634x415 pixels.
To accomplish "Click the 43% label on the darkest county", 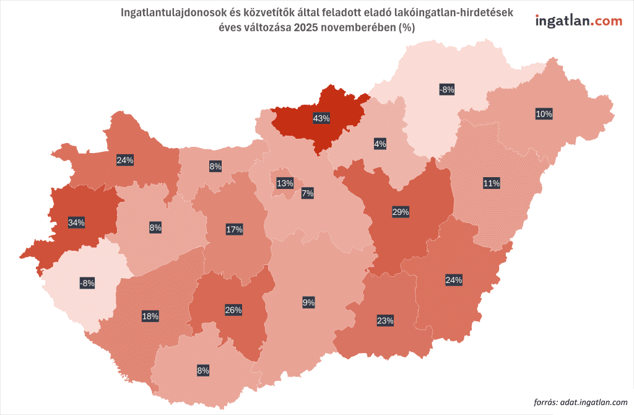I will (321, 118).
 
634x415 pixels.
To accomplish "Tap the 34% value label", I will (77, 222).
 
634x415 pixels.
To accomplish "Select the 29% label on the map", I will (400, 212).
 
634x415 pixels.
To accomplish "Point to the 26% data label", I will (233, 310).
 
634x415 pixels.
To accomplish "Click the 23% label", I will (385, 320).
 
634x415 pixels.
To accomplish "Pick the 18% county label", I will (150, 316).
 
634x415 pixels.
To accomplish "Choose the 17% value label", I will (234, 229).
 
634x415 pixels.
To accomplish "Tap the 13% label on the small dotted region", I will (285, 183).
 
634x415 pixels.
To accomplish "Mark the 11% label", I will (492, 183).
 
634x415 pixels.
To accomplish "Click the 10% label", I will (544, 114).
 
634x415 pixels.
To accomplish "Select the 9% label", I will (308, 302).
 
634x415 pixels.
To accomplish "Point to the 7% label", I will (307, 194).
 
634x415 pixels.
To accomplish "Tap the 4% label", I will (380, 144).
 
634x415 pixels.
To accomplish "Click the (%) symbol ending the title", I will (407, 27).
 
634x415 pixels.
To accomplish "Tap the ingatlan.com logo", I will (578, 20).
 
